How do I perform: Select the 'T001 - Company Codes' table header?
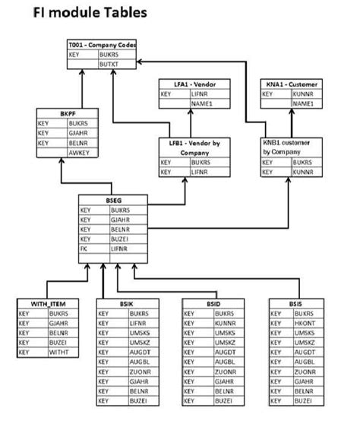coord(102,46)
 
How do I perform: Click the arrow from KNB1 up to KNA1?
coord(292,122)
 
